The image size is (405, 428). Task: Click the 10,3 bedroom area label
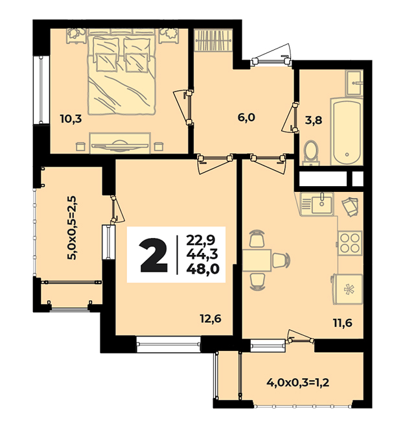[71, 119]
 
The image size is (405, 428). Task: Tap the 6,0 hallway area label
[246, 117]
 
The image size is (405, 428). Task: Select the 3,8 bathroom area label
[314, 120]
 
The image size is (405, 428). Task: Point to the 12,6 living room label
[210, 318]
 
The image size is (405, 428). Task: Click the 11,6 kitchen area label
[342, 323]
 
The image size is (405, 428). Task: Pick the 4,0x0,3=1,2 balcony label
[297, 383]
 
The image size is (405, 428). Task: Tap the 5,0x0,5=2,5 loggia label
[73, 228]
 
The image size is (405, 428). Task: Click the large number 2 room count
[153, 255]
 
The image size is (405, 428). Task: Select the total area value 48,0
[203, 269]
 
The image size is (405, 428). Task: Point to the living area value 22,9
[201, 240]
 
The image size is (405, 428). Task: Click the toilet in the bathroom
[311, 152]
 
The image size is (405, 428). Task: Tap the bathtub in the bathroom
[347, 132]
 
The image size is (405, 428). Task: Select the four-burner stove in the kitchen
[350, 243]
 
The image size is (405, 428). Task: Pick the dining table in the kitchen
[257, 260]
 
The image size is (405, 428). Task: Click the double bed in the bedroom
[122, 75]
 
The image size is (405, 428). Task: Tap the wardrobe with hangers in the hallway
[214, 40]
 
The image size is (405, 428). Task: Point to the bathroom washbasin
[354, 83]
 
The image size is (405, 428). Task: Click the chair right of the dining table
[281, 260]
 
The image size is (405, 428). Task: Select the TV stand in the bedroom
[120, 143]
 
